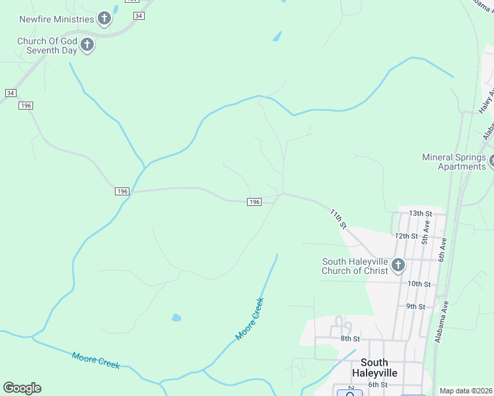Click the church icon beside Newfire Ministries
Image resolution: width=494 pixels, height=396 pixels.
click(104, 18)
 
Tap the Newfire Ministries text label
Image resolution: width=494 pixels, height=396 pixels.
click(56, 18)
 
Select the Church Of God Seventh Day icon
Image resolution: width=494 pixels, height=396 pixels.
click(87, 46)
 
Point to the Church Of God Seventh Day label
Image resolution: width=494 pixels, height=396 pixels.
click(47, 46)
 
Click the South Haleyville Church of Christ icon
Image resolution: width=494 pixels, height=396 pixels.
click(398, 266)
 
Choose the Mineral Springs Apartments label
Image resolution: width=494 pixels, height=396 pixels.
click(454, 162)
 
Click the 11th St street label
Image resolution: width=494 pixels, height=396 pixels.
click(339, 218)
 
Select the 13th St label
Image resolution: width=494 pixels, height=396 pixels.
click(420, 214)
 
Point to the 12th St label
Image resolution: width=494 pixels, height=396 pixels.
click(407, 236)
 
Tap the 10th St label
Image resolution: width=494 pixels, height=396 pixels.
click(419, 284)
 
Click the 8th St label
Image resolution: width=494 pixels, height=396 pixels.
click(349, 339)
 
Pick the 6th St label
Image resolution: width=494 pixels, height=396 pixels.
click(377, 385)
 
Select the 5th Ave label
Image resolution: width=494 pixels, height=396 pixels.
click(426, 234)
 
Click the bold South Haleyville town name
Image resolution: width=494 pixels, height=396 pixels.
click(379, 368)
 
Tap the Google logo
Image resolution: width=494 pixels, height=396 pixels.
click(22, 388)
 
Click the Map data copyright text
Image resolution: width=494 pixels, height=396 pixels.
click(466, 391)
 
